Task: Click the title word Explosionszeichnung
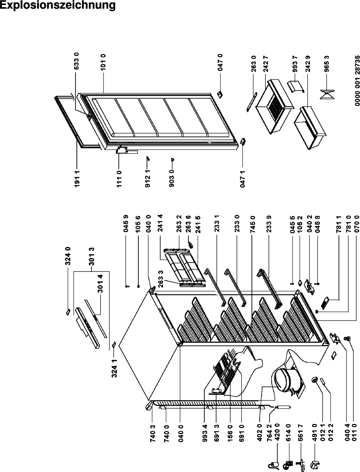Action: click(x=57, y=6)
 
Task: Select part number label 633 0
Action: click(x=77, y=61)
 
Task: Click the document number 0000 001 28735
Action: click(x=357, y=84)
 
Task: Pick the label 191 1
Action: click(x=77, y=179)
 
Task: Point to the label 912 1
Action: click(x=148, y=179)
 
